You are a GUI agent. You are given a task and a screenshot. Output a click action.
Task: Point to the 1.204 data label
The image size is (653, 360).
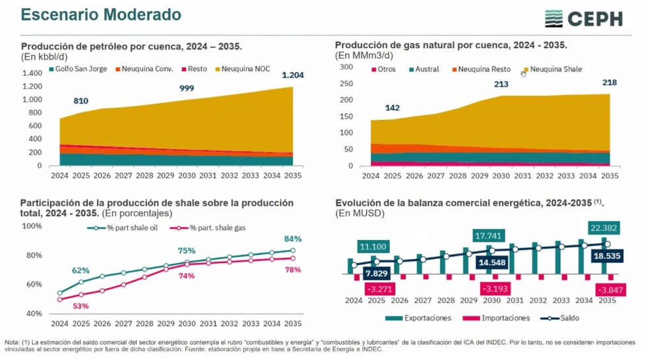(x=293, y=75)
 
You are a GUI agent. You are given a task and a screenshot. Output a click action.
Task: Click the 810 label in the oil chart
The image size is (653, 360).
(x=81, y=101)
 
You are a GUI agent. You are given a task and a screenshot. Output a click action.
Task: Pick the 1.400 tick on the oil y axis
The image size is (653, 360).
(x=32, y=74)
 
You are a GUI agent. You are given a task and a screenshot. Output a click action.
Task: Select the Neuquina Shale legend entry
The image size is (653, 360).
(x=552, y=69)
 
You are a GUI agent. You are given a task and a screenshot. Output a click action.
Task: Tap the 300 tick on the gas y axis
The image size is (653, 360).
(x=346, y=67)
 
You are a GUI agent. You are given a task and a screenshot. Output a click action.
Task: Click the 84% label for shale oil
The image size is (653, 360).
(x=293, y=239)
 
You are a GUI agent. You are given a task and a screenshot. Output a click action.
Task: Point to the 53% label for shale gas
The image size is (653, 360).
(x=80, y=306)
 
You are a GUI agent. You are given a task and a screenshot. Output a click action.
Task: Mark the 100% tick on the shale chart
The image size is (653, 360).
(x=32, y=226)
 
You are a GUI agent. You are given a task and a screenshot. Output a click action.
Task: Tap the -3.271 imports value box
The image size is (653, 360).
(x=381, y=289)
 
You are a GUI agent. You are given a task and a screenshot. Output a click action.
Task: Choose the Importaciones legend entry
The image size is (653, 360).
(x=499, y=318)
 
